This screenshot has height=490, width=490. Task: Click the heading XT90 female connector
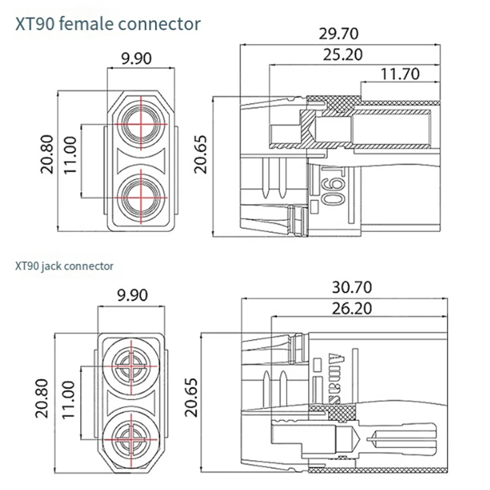[x=108, y=24]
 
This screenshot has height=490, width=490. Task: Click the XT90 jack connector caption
[x=64, y=266]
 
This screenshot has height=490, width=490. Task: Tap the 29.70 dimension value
[x=339, y=33]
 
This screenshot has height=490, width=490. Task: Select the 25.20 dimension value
[x=343, y=54]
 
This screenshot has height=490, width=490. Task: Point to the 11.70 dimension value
[x=400, y=74]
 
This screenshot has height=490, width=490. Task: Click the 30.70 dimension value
[x=352, y=287]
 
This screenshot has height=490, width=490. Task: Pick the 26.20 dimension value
[x=352, y=308]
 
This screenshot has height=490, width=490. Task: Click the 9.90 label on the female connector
[x=136, y=58]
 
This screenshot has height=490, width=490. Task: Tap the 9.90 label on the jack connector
[x=132, y=295]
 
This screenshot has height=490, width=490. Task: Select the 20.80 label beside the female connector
[x=47, y=154]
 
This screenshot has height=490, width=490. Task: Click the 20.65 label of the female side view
[x=201, y=154]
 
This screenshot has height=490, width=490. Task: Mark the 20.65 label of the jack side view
[x=191, y=397]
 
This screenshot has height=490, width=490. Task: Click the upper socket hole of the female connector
[x=141, y=123]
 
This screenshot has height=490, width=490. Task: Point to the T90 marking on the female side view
[x=333, y=186]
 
